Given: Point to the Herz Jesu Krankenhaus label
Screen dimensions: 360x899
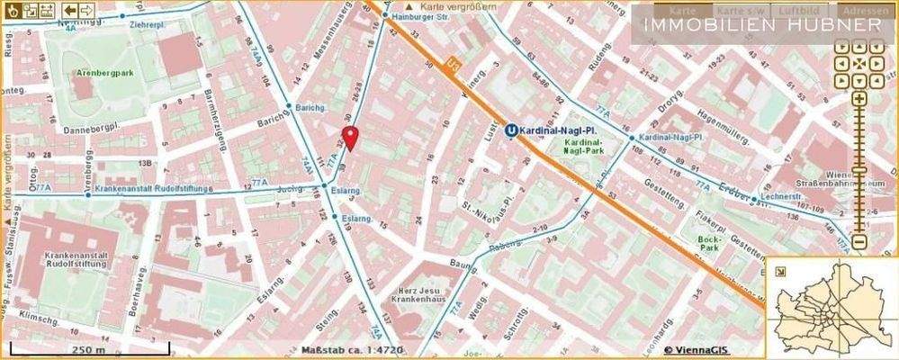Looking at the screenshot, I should click(x=425, y=298).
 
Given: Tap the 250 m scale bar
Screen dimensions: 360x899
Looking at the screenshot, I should click(x=89, y=346).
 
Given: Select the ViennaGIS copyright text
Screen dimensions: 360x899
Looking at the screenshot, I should click(x=697, y=350).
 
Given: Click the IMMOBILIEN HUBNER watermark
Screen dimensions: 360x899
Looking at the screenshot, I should click(x=762, y=24).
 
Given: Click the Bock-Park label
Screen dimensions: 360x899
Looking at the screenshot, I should click(x=714, y=243).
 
